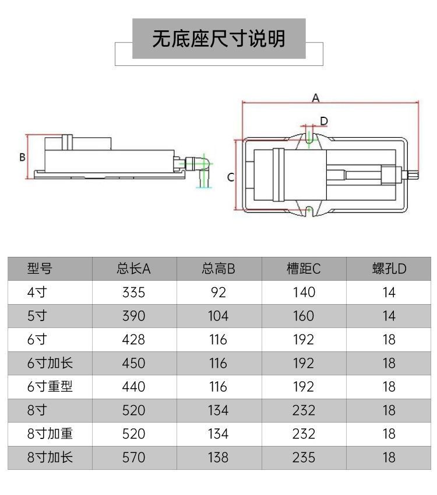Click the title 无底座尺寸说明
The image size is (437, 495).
click(218, 39)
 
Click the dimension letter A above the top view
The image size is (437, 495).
click(315, 98)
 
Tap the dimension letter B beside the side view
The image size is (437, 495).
click(22, 157)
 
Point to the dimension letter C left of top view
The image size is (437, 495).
click(231, 177)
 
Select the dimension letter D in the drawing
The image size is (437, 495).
click(325, 121)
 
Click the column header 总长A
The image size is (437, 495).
click(133, 269)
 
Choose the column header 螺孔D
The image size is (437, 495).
click(389, 269)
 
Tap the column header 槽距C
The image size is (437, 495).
click(304, 269)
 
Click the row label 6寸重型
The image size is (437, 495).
click(50, 386)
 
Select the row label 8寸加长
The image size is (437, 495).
click(50, 457)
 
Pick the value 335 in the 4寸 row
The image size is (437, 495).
click(133, 292)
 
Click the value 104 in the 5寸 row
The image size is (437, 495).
click(218, 316)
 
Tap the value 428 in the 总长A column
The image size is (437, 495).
click(133, 339)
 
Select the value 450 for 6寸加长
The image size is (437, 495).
click(133, 363)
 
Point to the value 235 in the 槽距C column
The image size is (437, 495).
click(304, 457)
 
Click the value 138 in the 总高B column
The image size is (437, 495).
click(218, 457)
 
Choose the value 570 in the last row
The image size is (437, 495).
click(133, 457)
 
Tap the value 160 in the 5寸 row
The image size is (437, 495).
click(304, 316)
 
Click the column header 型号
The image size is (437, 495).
click(40, 269)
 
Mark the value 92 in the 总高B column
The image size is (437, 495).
click(218, 292)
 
